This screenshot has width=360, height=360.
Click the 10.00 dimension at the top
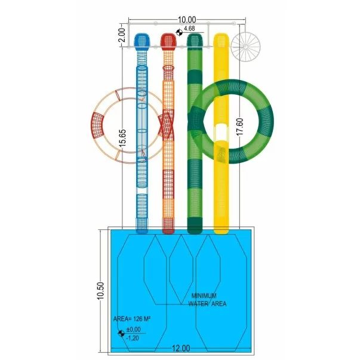[x=187, y=20]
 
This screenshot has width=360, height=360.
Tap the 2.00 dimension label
[x=122, y=35]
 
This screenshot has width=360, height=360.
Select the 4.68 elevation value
[x=189, y=29]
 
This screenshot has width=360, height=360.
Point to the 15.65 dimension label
[x=122, y=138]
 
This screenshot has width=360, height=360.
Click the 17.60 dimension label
[x=239, y=127]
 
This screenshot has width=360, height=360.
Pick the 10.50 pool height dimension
[x=100, y=291]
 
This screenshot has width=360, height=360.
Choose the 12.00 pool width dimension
[x=181, y=348]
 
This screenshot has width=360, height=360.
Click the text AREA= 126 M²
[x=132, y=319]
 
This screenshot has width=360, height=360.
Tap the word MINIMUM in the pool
[x=204, y=296]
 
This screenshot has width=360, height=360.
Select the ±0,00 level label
[x=133, y=330]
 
